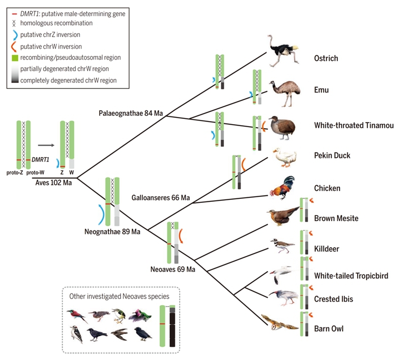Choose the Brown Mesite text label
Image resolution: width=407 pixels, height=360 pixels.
click(336, 219)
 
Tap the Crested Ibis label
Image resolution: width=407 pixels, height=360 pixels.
click(333, 299)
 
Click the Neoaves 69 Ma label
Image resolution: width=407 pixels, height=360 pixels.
click(172, 268)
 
